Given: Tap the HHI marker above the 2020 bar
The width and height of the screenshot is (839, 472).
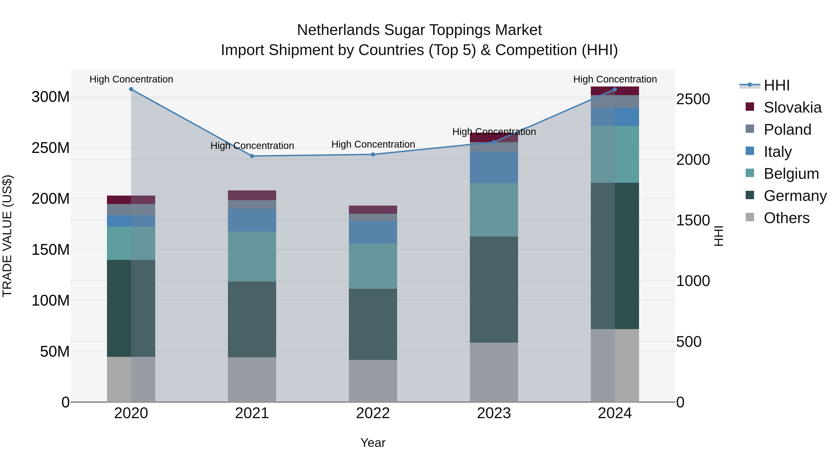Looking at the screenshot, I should coord(131,89).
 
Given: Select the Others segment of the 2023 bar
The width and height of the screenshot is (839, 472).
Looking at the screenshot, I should coord(494,372).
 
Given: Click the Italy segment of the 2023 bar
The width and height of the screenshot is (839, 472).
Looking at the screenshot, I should coord(494,167).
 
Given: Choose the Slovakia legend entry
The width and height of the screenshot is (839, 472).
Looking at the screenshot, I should coord(792,107).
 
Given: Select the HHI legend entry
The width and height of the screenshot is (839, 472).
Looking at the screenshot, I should coord(777,85).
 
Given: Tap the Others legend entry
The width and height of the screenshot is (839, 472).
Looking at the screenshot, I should coord(786,218).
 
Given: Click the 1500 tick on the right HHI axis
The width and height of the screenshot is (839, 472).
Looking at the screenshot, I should coord(693,220).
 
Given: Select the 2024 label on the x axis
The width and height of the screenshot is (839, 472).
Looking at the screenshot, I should coord(615,413).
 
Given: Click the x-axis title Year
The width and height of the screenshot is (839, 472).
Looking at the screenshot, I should coord(373,443).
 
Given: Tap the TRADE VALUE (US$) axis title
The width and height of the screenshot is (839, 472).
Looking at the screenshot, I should coord(7,236).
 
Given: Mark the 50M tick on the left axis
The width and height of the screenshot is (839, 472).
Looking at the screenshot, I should coord(55,351).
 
